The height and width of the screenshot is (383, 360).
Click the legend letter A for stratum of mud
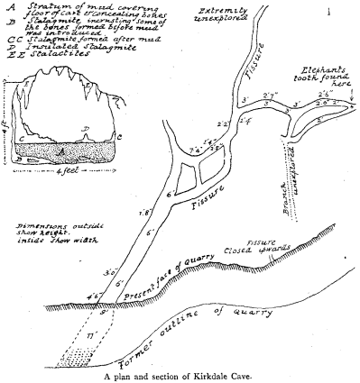(7, 6)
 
